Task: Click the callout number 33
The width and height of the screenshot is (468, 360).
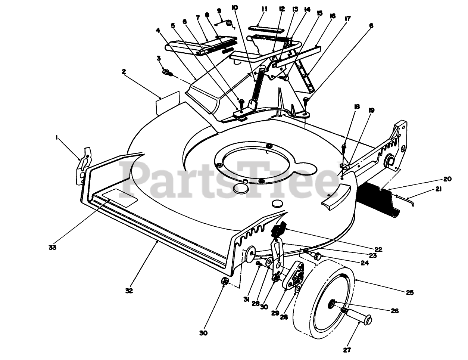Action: tap(52, 247)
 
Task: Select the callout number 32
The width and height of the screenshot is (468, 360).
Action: tap(129, 290)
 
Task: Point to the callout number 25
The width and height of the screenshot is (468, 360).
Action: tap(410, 293)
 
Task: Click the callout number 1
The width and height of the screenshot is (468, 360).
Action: tap(57, 137)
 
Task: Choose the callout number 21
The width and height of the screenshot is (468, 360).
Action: tap(438, 190)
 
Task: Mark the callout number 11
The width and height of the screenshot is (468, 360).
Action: tap(265, 9)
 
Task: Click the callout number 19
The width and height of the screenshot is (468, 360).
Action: tap(371, 111)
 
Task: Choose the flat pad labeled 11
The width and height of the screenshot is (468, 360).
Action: tap(261, 28)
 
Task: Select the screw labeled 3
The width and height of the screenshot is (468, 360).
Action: tap(167, 72)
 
